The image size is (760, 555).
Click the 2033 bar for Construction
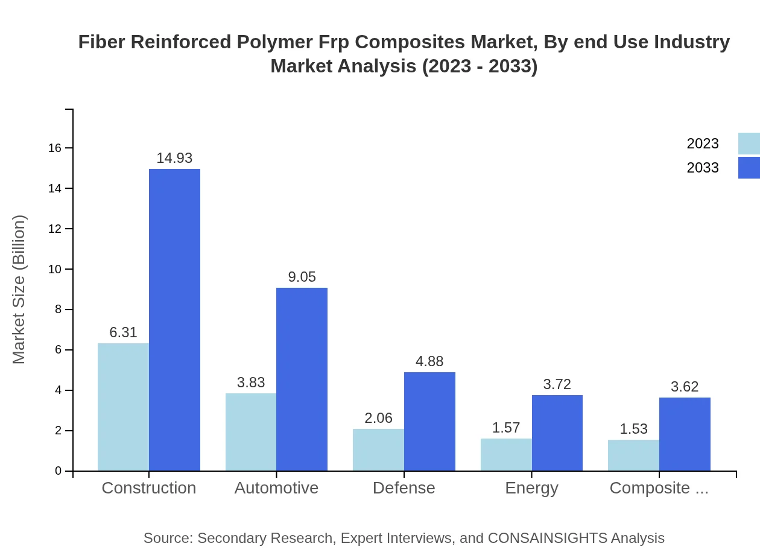pyautogui.click(x=174, y=320)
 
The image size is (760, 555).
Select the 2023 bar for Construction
pyautogui.click(x=123, y=407)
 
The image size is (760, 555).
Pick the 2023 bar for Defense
pyautogui.click(x=378, y=449)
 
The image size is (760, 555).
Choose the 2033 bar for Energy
pyautogui.click(x=557, y=433)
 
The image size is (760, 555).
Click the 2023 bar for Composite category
pyautogui.click(x=633, y=455)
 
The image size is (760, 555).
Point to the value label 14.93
pyautogui.click(x=174, y=158)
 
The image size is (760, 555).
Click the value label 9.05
pyautogui.click(x=302, y=277)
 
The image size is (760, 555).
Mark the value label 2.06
pyautogui.click(x=378, y=418)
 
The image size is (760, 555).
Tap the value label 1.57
pyautogui.click(x=506, y=428)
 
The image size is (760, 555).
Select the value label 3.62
pyautogui.click(x=685, y=387)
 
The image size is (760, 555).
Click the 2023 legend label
pyautogui.click(x=703, y=144)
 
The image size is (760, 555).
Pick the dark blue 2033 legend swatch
pyautogui.click(x=749, y=168)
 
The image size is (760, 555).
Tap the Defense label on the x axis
pyautogui.click(x=404, y=488)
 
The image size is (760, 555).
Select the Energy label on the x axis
pyautogui.click(x=531, y=488)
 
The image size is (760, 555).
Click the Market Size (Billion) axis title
pyautogui.click(x=19, y=290)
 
